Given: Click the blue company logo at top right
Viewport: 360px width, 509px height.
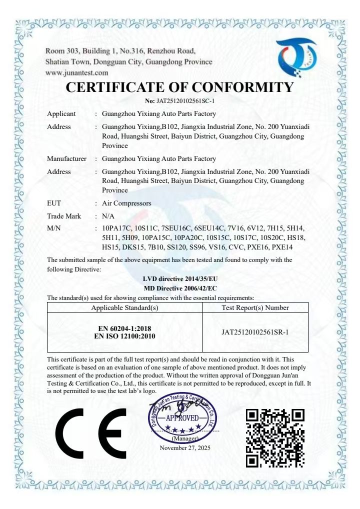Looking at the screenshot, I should (x=297, y=59).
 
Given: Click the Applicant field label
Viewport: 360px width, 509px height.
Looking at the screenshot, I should (x=61, y=114).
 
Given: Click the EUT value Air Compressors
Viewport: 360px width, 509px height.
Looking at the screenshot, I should (x=126, y=203).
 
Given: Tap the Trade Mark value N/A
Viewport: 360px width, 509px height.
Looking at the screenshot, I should (x=108, y=216).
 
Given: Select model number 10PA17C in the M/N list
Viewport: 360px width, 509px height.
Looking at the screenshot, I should (x=116, y=228).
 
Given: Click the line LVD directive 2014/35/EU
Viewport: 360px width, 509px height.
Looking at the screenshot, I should (x=180, y=278).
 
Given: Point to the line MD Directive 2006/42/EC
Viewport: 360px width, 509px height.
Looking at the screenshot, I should (x=180, y=288).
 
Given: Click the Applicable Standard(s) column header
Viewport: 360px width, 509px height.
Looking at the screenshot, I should (x=124, y=307).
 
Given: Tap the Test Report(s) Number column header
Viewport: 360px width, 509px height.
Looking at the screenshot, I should (x=255, y=307).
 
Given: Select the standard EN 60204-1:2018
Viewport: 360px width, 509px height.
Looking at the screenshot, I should (x=125, y=328).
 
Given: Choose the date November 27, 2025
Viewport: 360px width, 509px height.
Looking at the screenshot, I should (x=185, y=448).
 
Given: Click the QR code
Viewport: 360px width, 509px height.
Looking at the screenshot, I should (x=275, y=437).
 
